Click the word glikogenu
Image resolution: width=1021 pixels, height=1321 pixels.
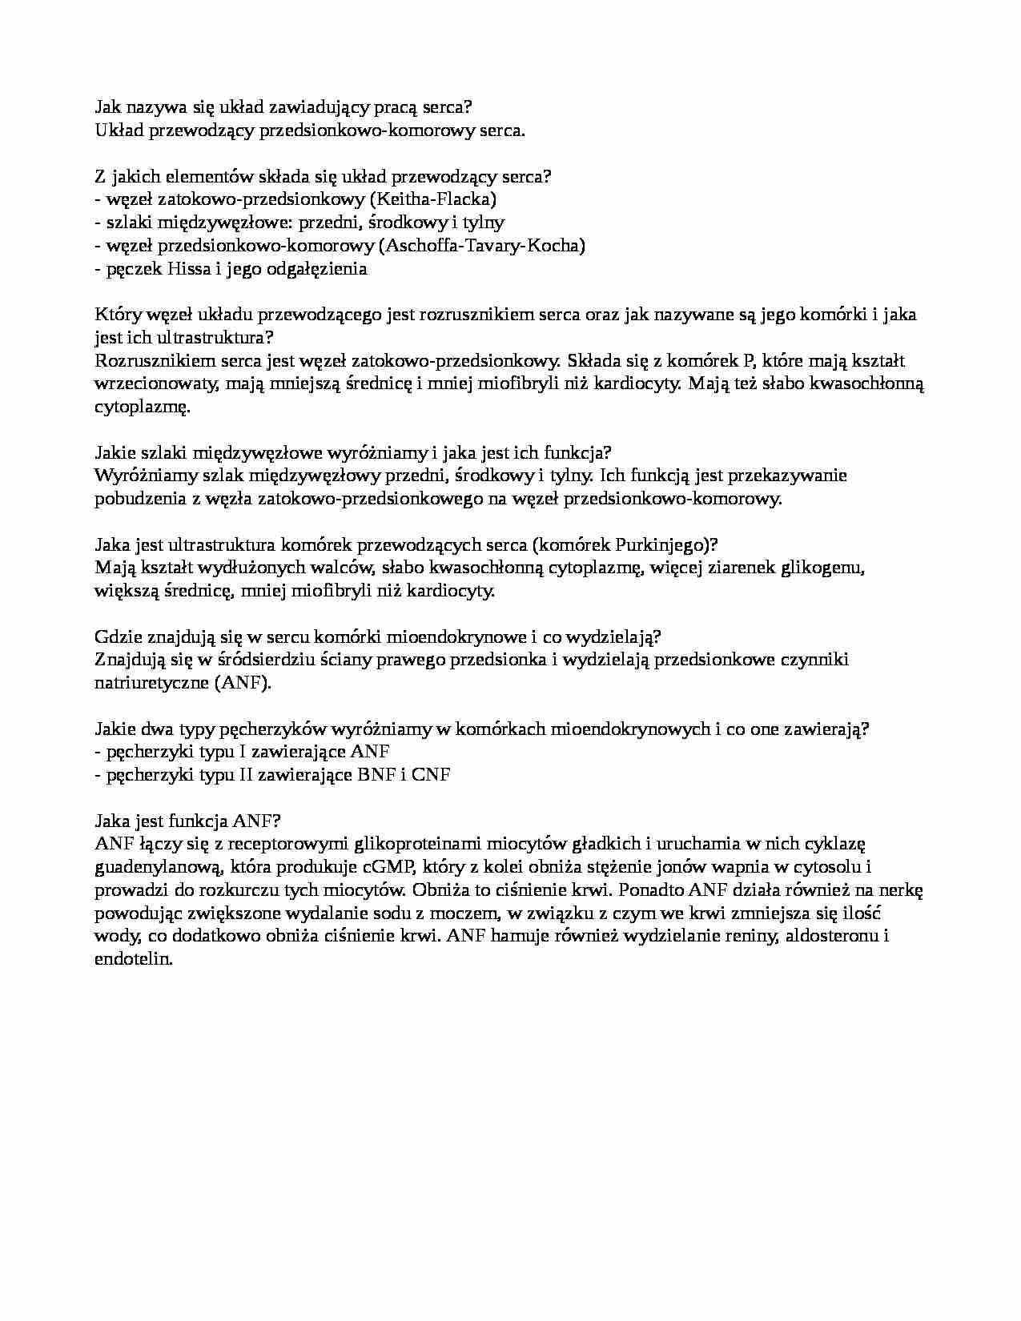tap(817, 568)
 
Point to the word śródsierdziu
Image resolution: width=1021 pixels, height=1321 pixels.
tap(231, 660)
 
